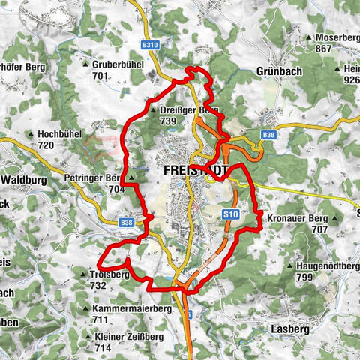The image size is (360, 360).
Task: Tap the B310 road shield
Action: point(151,45)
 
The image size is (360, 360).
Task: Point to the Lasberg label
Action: point(284,329)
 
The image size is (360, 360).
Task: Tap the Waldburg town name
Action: point(24,180)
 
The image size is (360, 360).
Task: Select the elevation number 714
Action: point(103,349)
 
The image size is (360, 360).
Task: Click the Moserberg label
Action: point(337,37)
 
